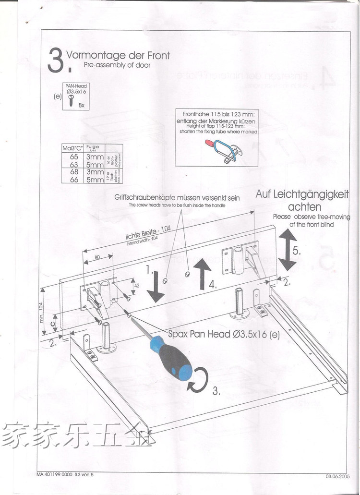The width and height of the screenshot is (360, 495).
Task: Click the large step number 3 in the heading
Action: point(55,61)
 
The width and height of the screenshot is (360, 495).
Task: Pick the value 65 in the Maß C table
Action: point(73,157)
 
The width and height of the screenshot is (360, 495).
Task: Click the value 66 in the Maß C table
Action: point(73,179)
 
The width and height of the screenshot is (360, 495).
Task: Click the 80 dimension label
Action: point(97,257)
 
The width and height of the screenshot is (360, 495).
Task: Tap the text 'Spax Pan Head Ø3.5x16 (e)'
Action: point(224,334)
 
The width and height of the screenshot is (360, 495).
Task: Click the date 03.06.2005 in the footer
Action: point(339,476)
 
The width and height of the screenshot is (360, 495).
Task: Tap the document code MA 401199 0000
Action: point(53,474)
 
